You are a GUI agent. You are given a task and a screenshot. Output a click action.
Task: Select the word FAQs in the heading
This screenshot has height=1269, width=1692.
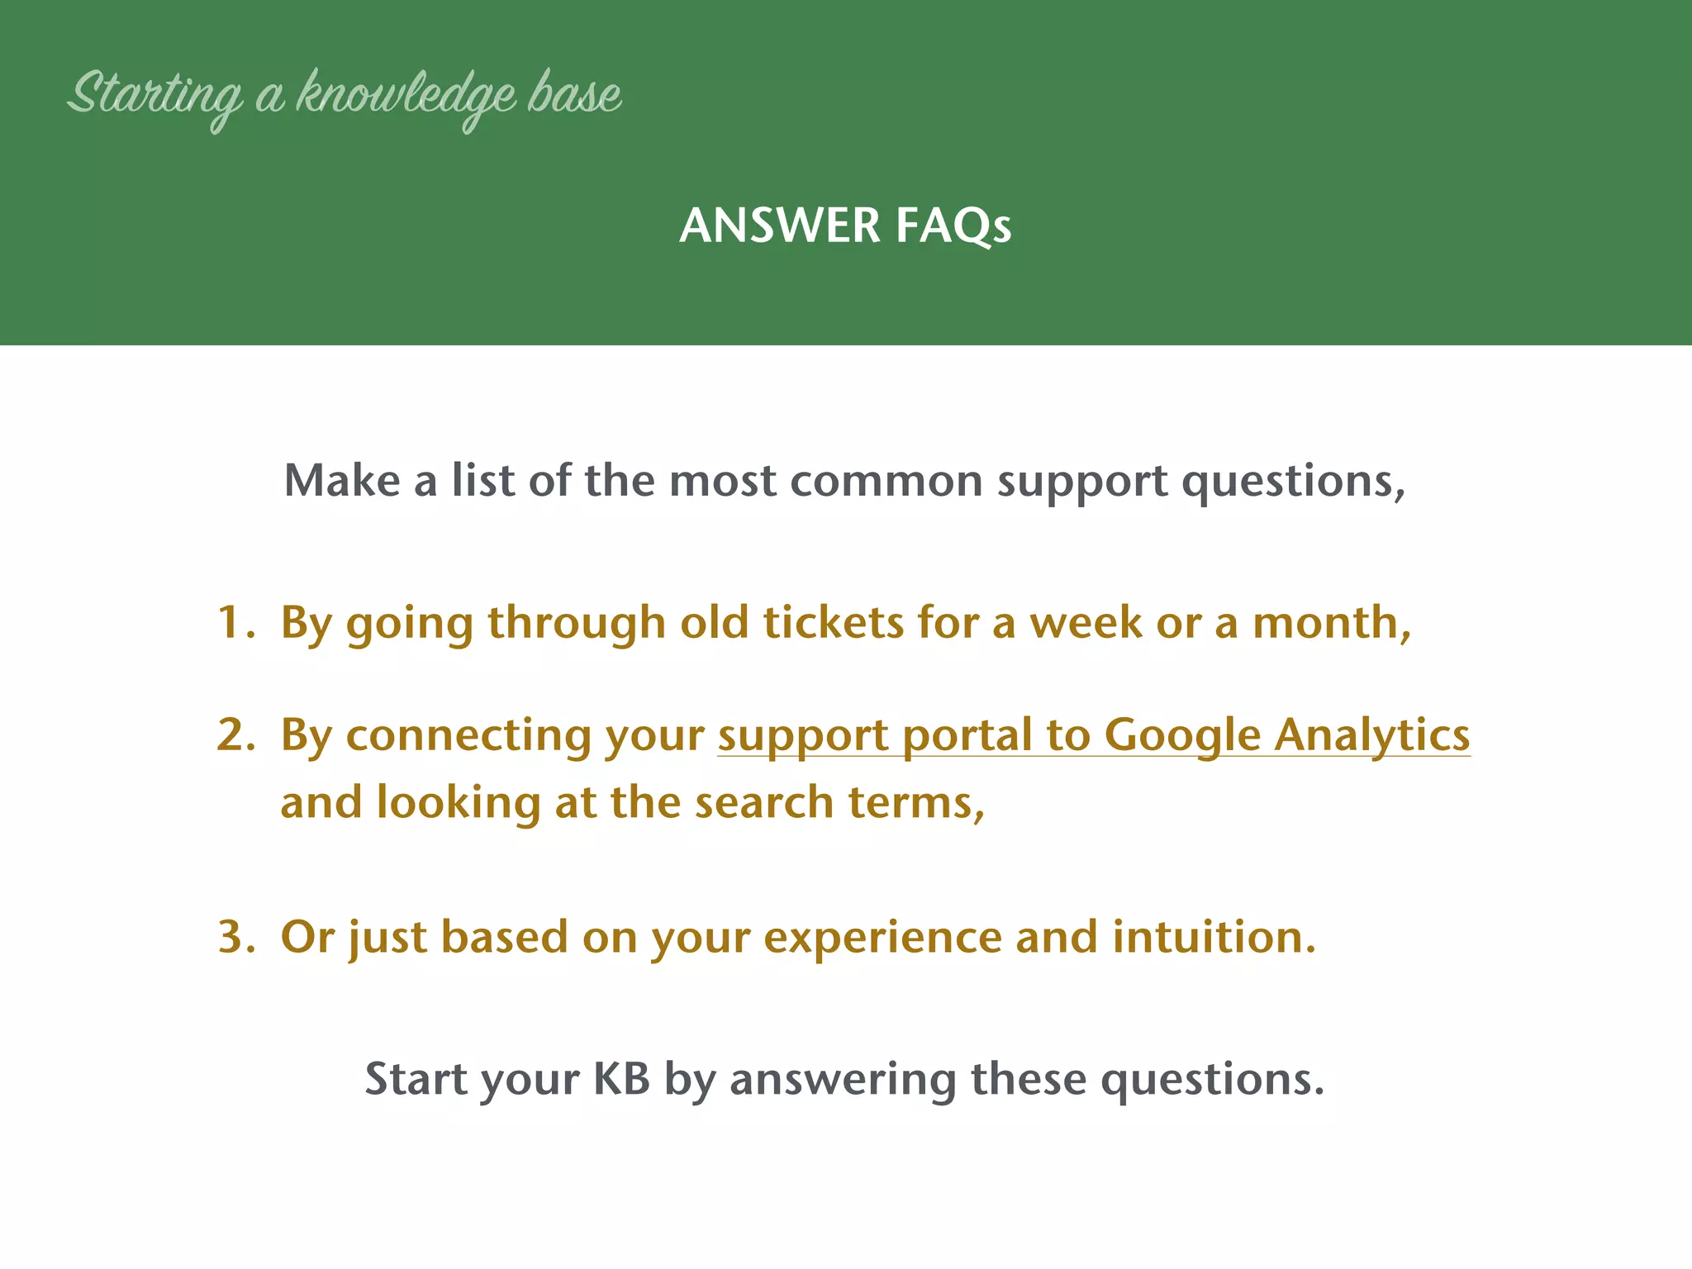953,226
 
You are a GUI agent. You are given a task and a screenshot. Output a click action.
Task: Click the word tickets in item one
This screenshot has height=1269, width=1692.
834,622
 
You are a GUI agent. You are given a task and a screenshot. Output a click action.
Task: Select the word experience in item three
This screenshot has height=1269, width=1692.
882,937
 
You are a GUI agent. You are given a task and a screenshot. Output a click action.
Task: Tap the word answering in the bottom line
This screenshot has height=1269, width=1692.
843,1079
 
